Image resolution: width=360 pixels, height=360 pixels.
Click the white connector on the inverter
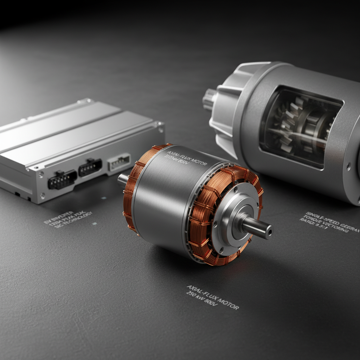click(119, 162)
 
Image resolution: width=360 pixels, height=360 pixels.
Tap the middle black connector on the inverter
click(90, 168)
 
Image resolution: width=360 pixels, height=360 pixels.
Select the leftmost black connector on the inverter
click(62, 180)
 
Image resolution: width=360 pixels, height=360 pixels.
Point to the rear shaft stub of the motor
click(123, 179)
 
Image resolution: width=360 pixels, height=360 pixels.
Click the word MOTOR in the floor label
click(226, 302)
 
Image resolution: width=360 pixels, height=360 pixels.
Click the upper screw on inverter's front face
click(42, 174)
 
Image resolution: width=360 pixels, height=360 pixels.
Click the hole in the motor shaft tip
click(269, 232)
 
